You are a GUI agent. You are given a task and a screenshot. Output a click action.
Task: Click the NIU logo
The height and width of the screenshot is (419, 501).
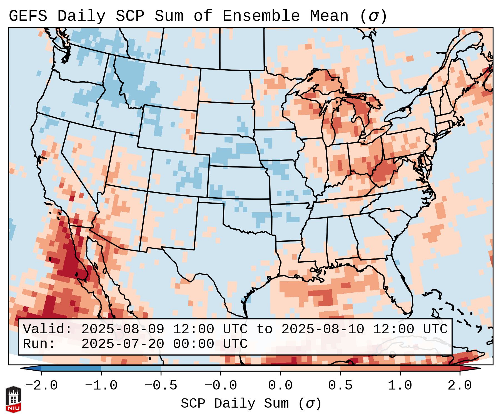[13, 399]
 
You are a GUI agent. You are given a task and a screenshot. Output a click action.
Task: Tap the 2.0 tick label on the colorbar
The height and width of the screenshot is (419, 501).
[460, 386]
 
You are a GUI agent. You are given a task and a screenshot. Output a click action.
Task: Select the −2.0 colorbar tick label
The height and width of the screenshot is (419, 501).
[41, 386]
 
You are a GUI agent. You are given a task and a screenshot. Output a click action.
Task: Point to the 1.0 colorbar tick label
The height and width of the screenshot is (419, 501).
[400, 386]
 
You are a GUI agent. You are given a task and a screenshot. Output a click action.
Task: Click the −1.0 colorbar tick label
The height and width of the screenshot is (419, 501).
[101, 386]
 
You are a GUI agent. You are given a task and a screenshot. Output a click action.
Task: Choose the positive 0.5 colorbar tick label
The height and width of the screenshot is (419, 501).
[340, 386]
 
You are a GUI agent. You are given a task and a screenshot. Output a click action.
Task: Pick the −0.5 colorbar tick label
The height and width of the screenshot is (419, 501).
[161, 386]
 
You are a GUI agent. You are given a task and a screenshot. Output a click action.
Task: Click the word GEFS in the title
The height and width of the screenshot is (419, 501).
[28, 16]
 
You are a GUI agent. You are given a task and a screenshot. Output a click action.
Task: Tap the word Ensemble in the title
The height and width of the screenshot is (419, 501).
[261, 16]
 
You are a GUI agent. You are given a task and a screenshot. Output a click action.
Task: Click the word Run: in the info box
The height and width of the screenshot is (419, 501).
[39, 344]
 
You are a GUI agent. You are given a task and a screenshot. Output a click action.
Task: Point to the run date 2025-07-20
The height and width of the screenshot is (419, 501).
[123, 344]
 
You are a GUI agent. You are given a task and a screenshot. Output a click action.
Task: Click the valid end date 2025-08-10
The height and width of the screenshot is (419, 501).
[323, 329]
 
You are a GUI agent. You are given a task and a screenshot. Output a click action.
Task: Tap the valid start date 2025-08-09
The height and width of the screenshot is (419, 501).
[123, 329]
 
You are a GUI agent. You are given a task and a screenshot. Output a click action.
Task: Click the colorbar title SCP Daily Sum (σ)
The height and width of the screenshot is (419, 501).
[251, 403]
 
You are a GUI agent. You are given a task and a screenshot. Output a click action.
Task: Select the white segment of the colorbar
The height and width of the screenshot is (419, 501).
[250, 368]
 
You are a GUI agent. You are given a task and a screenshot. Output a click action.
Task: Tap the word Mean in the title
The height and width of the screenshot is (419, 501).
[329, 16]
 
